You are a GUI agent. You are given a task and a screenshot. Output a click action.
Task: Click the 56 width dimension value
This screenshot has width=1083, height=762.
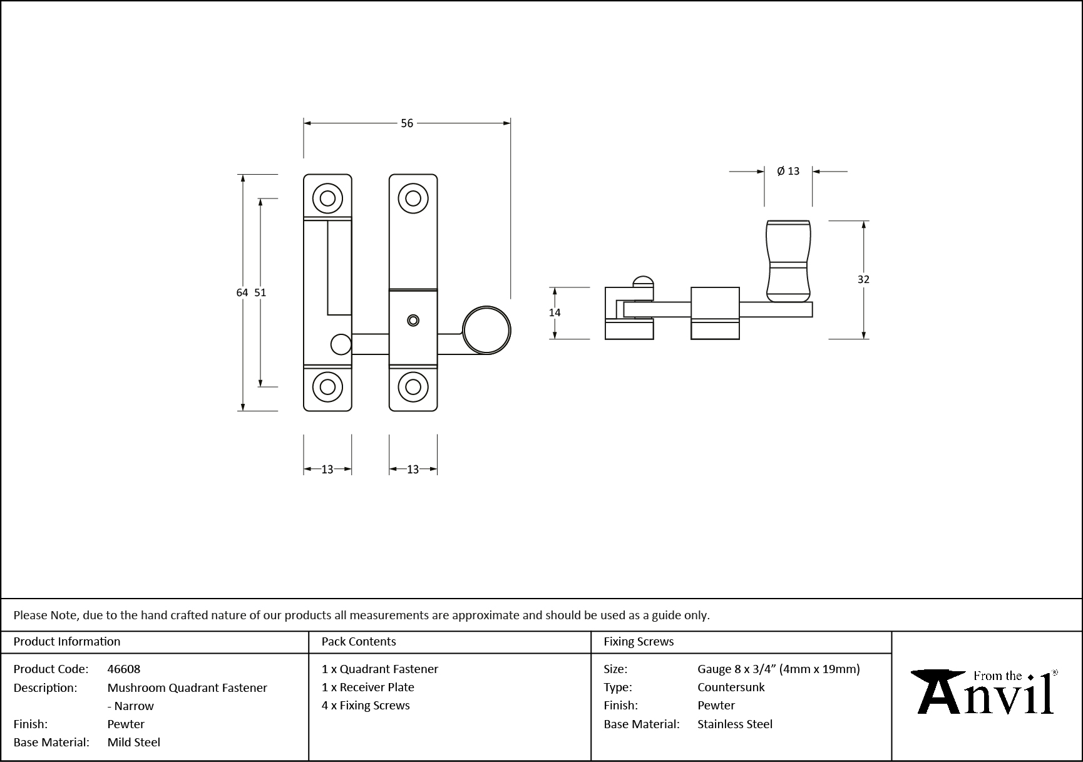pos(407,123)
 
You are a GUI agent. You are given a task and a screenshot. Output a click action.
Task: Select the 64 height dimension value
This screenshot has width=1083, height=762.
pos(242,292)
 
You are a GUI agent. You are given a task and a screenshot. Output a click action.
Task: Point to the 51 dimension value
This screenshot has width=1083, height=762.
pos(260,292)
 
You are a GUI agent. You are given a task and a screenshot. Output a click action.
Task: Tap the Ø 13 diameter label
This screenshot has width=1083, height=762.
pos(788,171)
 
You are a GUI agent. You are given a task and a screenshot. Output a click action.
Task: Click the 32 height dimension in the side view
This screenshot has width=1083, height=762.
pos(863,279)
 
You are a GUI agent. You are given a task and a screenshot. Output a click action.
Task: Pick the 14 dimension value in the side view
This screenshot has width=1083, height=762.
pos(555,312)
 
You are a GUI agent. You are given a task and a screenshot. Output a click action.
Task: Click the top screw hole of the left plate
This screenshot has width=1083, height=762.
pos(327,198)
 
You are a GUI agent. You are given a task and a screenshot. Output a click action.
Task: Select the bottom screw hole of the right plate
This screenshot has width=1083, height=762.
pos(413,387)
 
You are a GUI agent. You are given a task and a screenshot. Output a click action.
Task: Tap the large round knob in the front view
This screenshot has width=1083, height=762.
pos(486,331)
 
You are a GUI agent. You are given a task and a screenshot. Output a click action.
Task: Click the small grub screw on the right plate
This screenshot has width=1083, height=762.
pos(413,321)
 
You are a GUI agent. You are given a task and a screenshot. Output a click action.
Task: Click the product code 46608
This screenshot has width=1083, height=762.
pos(124,669)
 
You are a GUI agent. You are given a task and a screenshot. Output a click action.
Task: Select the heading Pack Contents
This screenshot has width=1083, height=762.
pos(359,641)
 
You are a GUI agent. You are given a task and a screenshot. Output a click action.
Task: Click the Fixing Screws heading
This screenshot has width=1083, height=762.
pos(639,641)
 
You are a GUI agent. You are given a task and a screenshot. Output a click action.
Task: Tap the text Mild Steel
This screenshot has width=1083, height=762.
pos(134,742)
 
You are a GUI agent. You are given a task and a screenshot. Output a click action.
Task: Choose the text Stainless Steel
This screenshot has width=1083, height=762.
pos(735,724)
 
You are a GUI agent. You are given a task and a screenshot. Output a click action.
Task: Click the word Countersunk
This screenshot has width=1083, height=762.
pos(731,687)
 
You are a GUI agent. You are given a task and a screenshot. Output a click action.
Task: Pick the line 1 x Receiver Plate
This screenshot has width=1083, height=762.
pos(368,687)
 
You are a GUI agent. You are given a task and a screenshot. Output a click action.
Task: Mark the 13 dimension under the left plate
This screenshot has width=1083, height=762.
pos(327,469)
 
